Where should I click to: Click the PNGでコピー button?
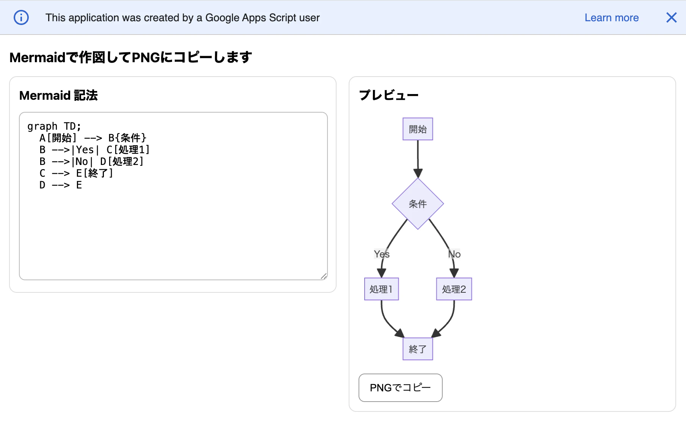[x=400, y=388]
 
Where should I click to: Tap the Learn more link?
[x=611, y=18]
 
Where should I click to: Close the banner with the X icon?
[x=671, y=17]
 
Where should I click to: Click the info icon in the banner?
[x=21, y=17]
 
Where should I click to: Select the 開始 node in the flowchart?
[x=418, y=129]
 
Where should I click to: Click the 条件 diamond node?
[x=418, y=204]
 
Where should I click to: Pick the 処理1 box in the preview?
[x=381, y=289]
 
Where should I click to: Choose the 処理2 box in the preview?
[x=454, y=289]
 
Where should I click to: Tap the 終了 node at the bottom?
[x=418, y=349]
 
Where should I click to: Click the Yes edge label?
[x=382, y=254]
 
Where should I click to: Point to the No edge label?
[x=454, y=254]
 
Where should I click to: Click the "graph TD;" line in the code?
[x=54, y=126]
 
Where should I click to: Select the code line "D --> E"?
[x=61, y=185]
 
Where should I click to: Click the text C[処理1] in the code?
[x=128, y=150]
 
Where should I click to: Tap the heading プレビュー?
[x=388, y=95]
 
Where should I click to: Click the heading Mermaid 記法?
[x=58, y=96]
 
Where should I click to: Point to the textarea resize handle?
[x=324, y=276]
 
